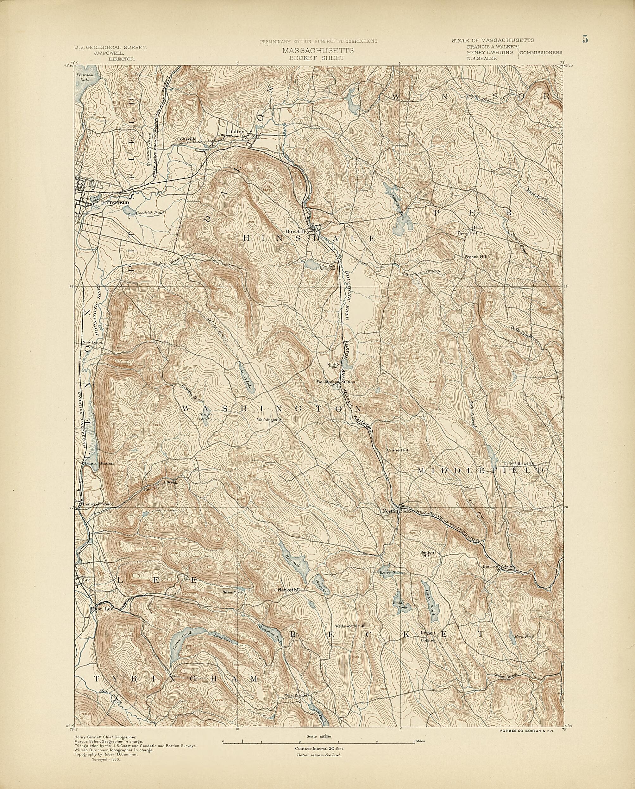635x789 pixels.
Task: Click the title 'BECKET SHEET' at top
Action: pyautogui.click(x=317, y=58)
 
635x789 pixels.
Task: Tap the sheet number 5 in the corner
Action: pyautogui.click(x=585, y=39)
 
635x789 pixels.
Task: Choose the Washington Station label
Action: pyautogui.click(x=336, y=382)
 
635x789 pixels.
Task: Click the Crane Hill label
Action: pyautogui.click(x=397, y=450)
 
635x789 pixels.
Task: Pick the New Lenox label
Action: pyautogui.click(x=92, y=342)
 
